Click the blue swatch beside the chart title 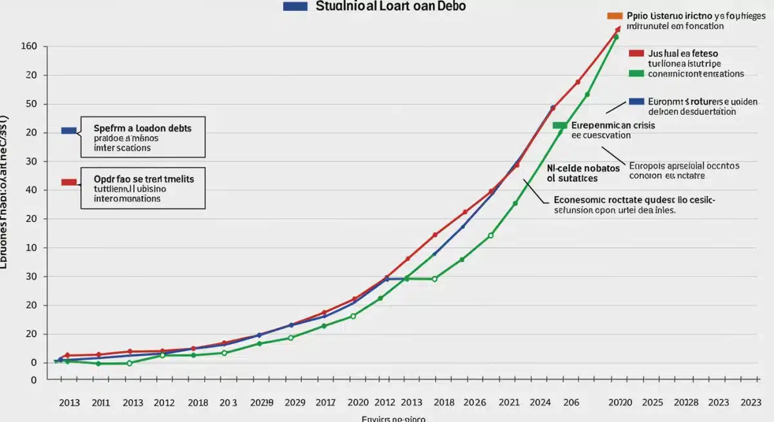click(x=295, y=6)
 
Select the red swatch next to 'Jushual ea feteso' click(x=636, y=53)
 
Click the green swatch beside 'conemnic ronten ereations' click(x=636, y=74)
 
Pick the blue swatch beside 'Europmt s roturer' click(x=636, y=101)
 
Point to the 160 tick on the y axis click(x=30, y=46)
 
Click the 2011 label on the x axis click(x=101, y=403)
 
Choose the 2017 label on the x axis click(x=325, y=403)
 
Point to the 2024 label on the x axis click(x=540, y=403)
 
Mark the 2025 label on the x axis click(x=653, y=403)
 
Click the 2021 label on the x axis click(x=509, y=403)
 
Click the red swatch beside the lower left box click(x=68, y=182)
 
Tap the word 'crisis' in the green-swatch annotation click(x=640, y=125)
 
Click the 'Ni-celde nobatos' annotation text click(x=583, y=168)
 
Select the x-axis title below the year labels click(x=393, y=418)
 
